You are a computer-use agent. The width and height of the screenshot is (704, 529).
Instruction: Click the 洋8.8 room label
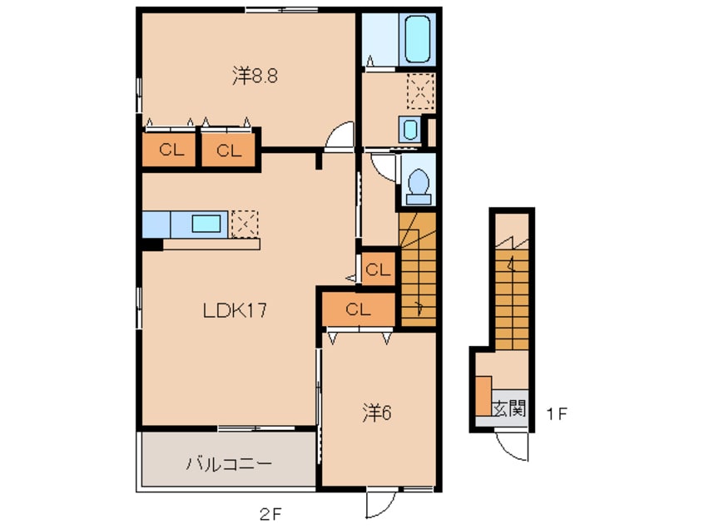click(255, 77)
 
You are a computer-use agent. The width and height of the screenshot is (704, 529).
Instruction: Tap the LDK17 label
click(235, 310)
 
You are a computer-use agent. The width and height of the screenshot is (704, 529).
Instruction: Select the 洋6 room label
click(377, 413)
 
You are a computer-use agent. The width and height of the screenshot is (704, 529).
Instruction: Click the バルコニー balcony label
click(229, 463)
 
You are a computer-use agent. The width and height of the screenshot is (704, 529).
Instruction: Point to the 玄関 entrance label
click(509, 409)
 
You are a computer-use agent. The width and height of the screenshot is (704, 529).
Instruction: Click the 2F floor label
click(270, 514)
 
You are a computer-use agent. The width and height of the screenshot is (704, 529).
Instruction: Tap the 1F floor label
click(557, 413)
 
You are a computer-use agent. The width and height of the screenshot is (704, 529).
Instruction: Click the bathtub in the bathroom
click(418, 39)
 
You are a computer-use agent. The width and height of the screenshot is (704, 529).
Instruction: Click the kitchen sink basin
click(206, 224)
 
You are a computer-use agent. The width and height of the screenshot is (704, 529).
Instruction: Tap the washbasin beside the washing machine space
click(409, 129)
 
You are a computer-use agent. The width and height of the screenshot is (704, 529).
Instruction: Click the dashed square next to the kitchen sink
click(245, 224)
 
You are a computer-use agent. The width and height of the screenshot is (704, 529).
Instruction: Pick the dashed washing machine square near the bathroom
click(421, 91)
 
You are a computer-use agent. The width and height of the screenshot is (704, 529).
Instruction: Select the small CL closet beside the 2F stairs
click(378, 269)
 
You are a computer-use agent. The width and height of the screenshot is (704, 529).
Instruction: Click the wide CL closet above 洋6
click(359, 309)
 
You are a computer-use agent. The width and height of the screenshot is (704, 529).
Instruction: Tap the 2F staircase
click(418, 269)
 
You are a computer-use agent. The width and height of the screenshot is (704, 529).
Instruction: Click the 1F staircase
click(512, 294)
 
